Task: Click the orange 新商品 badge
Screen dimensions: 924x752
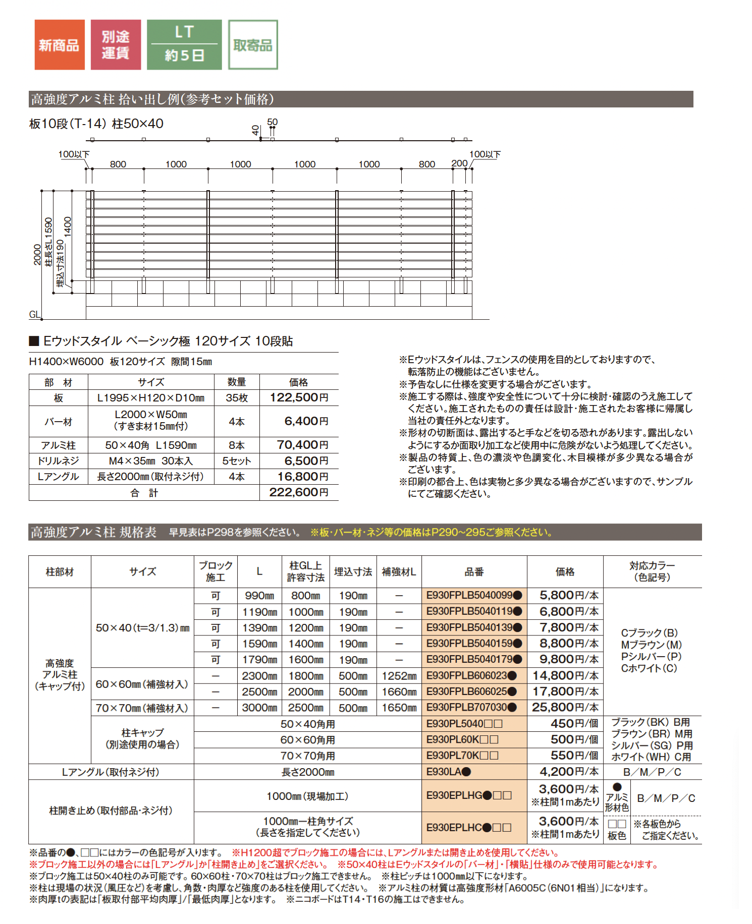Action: coord(59,45)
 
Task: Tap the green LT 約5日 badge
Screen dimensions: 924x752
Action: coord(184,45)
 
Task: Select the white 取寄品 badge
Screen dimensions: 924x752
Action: coord(253,45)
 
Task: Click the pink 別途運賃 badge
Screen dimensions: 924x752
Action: coord(116,45)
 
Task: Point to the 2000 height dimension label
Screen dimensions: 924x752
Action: coord(37,254)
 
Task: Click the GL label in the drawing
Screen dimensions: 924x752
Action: coord(34,315)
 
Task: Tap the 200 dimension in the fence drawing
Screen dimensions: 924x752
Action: coord(459,163)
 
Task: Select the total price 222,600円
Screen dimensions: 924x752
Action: coord(299,492)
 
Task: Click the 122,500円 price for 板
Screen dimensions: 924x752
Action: coord(299,397)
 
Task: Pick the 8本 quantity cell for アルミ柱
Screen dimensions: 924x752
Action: coord(236,445)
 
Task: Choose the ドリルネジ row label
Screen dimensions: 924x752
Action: coord(58,461)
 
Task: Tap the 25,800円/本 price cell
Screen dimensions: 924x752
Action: coord(565,708)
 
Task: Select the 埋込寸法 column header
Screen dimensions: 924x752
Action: coord(353,572)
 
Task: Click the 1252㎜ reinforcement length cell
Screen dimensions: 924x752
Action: coord(399,676)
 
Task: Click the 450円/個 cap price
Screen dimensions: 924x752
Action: coord(574,724)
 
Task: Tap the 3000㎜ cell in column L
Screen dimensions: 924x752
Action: coord(259,708)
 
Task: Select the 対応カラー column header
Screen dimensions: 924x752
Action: coord(652,571)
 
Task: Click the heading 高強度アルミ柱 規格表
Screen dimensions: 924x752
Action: coord(93,532)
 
